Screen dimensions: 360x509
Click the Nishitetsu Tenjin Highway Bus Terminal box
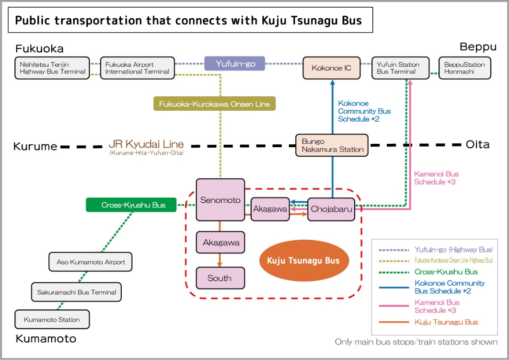pos(52,68)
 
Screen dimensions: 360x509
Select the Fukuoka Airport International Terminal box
pos(137,68)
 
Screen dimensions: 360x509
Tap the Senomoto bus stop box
pos(220,200)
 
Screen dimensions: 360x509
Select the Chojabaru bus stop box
pos(331,209)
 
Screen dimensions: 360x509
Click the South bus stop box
pos(220,278)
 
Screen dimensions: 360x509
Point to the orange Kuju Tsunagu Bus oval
pos(303,260)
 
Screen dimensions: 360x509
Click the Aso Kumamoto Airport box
pos(91,262)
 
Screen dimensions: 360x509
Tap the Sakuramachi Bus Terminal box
pos(77,292)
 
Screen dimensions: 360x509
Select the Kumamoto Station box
pos(52,319)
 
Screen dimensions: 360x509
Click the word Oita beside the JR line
pos(477,144)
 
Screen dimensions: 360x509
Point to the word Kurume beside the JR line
pos(35,146)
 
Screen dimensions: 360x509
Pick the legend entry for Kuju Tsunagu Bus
pos(446,322)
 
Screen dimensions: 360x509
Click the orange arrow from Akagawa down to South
pos(220,260)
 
